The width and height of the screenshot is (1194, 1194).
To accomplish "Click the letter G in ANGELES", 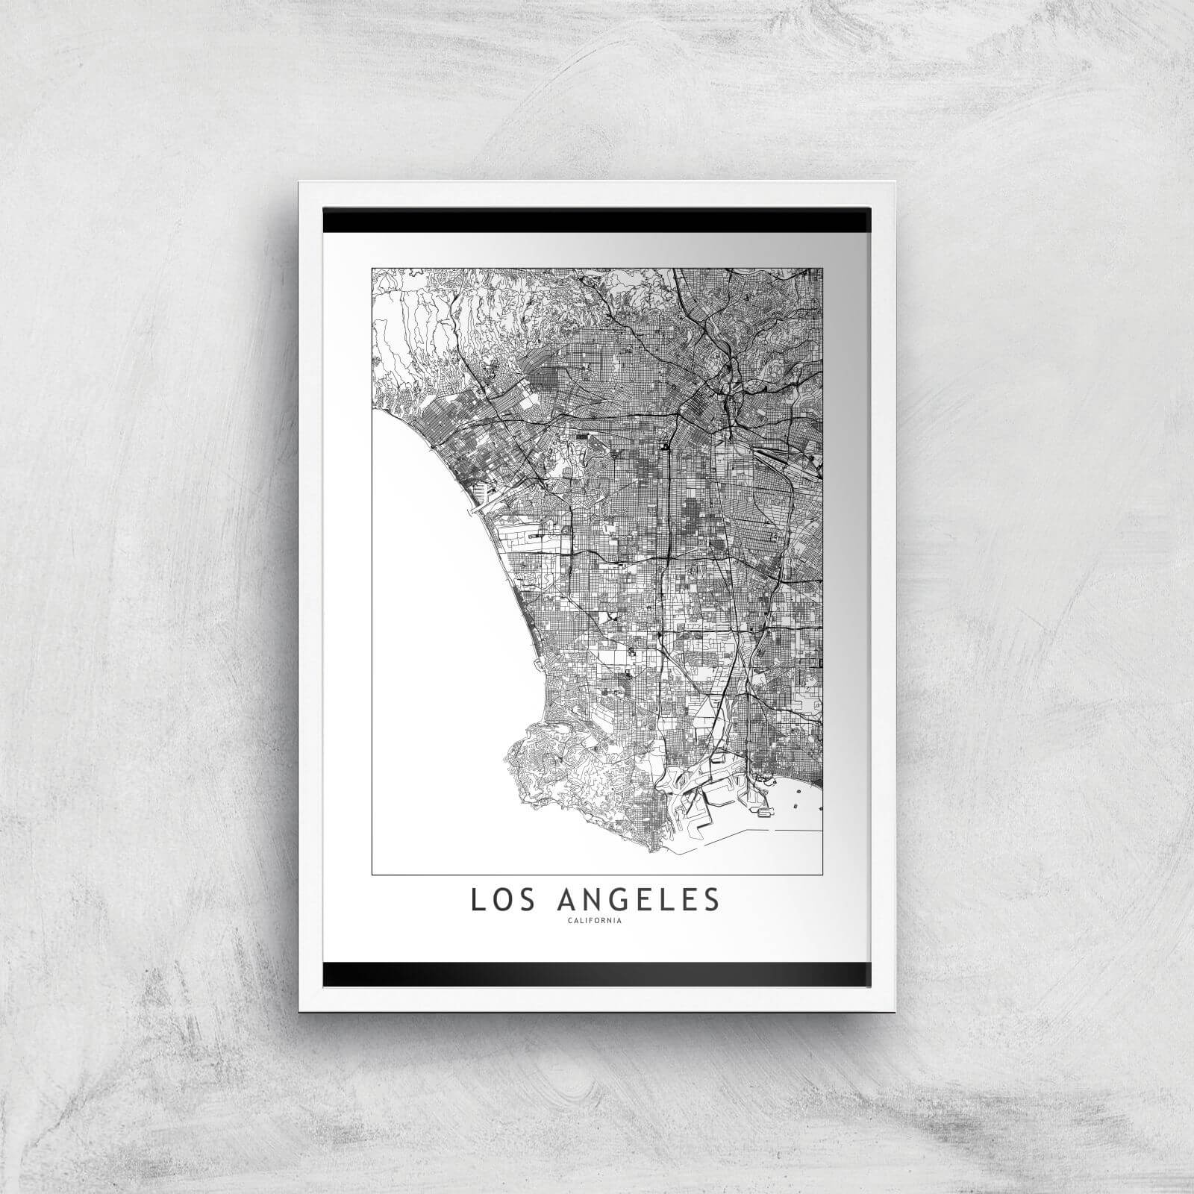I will tap(613, 900).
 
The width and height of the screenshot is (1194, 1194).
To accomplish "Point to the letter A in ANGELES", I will tap(565, 900).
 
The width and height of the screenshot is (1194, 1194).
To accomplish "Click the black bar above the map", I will tap(597, 221).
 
